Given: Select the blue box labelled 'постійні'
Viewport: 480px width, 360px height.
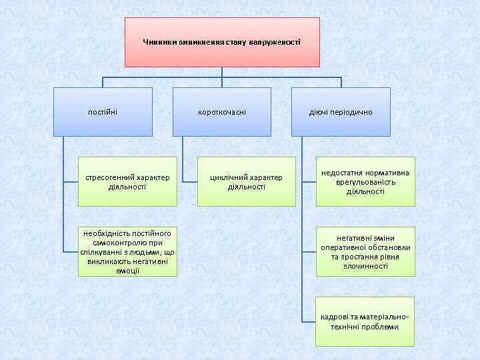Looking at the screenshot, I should click(x=103, y=111).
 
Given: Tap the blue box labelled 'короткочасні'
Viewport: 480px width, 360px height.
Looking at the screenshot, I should click(x=222, y=111).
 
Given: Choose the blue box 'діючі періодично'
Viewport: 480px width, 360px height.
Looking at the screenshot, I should click(x=341, y=111).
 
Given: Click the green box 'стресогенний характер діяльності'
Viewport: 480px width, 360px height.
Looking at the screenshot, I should click(x=127, y=181).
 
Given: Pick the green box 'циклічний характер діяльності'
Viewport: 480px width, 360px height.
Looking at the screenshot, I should click(x=246, y=181).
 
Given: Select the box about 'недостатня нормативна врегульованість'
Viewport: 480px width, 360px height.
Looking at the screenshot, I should click(x=365, y=181).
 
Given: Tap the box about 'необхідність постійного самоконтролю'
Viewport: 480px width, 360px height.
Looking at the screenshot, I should click(x=127, y=251).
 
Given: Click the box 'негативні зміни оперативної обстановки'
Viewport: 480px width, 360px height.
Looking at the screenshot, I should click(x=365, y=251).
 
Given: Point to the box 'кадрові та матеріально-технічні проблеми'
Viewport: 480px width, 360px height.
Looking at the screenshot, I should click(x=365, y=321).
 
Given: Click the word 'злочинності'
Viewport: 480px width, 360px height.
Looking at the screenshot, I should click(x=365, y=266).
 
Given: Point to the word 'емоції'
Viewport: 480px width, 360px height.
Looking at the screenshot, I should click(x=127, y=271).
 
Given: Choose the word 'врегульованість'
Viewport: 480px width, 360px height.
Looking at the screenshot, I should click(x=365, y=182).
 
